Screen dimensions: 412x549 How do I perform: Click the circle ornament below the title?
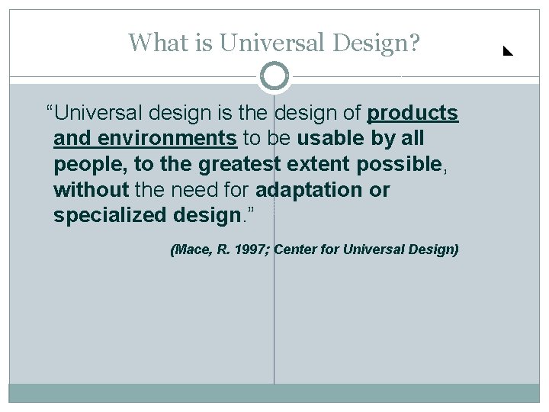pyautogui.click(x=274, y=76)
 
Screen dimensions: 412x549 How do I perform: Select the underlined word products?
pyautogui.click(x=413, y=114)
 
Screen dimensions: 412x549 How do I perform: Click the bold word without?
pyautogui.click(x=91, y=189)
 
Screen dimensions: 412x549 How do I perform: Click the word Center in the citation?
pyautogui.click(x=297, y=250)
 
